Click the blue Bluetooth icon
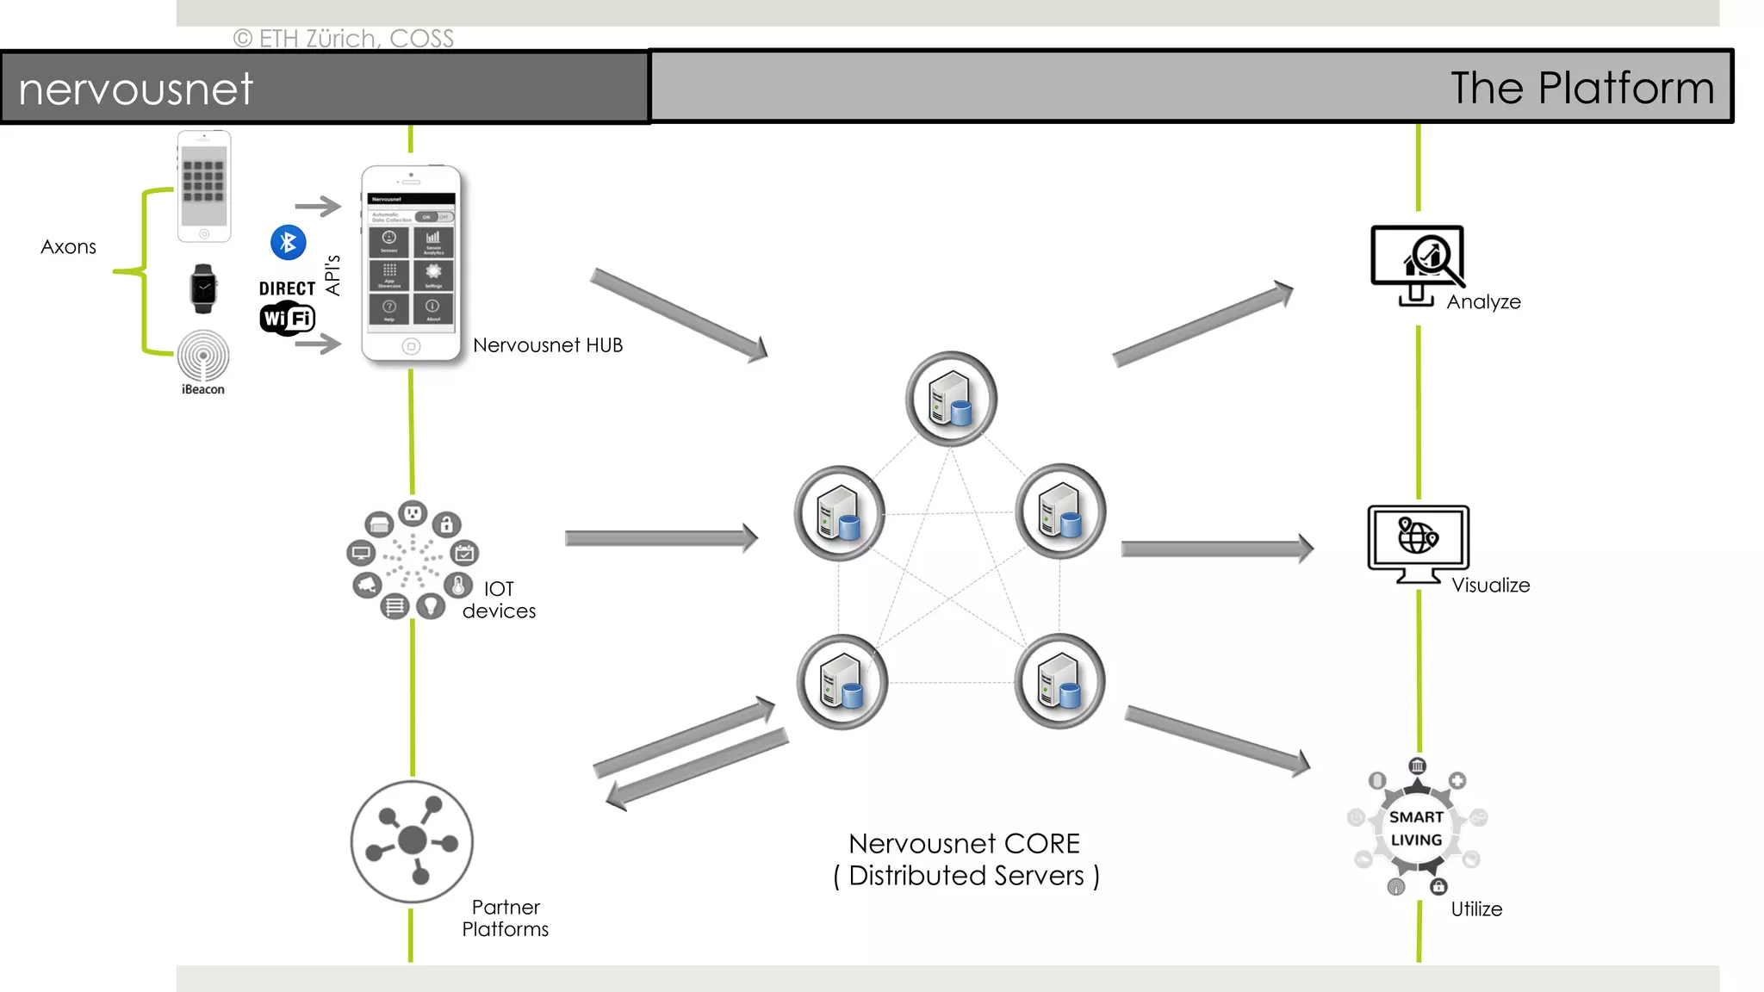(x=289, y=243)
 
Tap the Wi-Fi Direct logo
(x=288, y=307)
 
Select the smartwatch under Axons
(x=203, y=288)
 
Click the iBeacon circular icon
(x=203, y=356)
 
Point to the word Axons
(x=68, y=247)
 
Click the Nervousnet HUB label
(x=547, y=345)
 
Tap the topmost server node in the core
(x=951, y=399)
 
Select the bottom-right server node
(x=1059, y=681)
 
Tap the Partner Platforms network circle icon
(x=412, y=841)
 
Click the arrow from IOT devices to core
(x=661, y=538)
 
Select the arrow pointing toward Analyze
(x=1202, y=325)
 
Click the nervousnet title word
(x=136, y=89)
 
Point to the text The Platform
(x=1582, y=88)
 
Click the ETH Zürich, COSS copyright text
(x=344, y=39)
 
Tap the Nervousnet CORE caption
(x=965, y=859)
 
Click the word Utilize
(x=1476, y=909)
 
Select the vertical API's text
(x=332, y=276)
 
